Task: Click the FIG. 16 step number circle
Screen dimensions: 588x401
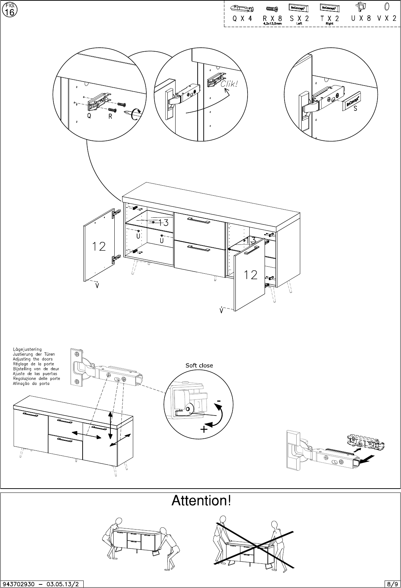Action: point(9,10)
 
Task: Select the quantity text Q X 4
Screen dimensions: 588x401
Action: point(242,19)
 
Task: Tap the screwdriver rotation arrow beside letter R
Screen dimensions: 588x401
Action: point(136,115)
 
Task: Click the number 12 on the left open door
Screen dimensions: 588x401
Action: point(99,246)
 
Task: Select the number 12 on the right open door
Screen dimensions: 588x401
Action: point(250,274)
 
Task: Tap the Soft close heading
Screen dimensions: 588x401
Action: point(199,365)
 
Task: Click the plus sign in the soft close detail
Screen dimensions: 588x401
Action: point(204,429)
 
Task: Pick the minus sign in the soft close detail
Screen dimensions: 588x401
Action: point(219,401)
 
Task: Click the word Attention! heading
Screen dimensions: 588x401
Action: point(201,501)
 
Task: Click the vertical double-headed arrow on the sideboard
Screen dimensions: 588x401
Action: point(111,425)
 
